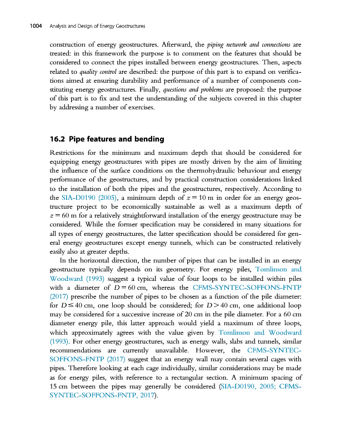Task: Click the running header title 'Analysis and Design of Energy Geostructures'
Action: (97, 26)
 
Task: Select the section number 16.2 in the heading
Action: (58, 138)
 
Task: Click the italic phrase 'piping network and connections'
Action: (252, 44)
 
